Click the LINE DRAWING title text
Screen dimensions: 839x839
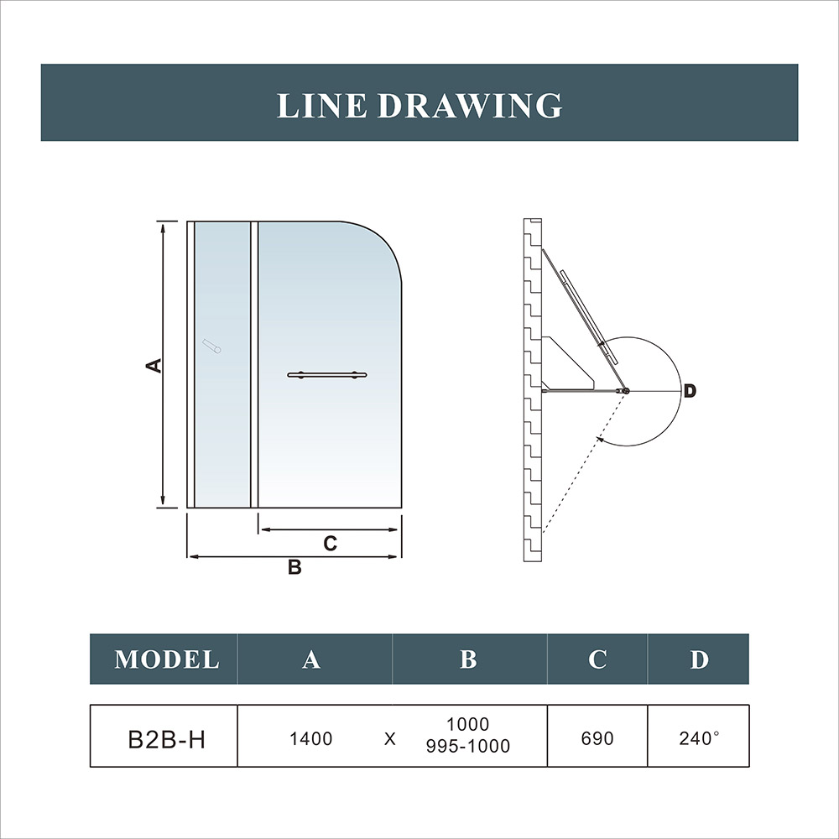click(419, 106)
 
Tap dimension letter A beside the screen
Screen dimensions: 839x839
click(153, 365)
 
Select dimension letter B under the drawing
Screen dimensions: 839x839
click(294, 568)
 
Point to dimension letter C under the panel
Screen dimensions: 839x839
click(330, 544)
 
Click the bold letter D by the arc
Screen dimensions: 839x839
click(689, 391)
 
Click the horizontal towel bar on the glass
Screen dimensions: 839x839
click(327, 375)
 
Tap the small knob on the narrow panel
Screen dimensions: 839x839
click(212, 347)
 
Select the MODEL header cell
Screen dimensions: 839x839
click(166, 659)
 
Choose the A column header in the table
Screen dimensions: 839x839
click(311, 659)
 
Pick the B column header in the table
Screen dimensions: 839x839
click(468, 659)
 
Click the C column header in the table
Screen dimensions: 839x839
click(597, 659)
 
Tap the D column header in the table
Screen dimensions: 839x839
click(699, 659)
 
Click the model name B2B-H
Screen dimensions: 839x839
click(165, 739)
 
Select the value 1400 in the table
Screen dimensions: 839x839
click(311, 739)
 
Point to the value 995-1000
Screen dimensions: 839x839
click(468, 746)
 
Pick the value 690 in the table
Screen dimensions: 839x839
click(597, 739)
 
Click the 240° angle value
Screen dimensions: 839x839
click(699, 739)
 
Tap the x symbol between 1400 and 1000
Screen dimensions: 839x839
click(389, 740)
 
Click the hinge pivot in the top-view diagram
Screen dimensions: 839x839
click(625, 390)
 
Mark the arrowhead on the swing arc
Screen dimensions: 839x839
click(600, 437)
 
